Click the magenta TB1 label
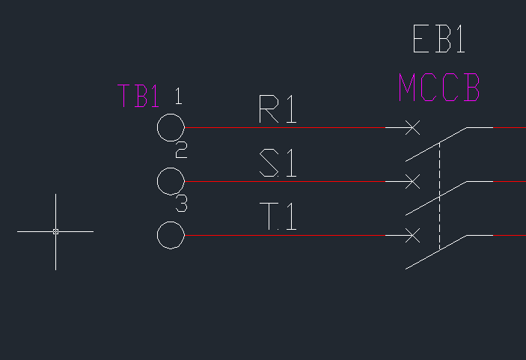138,96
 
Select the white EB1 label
438,39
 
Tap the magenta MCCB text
439,88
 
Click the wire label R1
278,109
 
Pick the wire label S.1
278,163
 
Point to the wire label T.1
278,216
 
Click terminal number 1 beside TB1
179,97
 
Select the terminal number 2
182,150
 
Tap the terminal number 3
182,204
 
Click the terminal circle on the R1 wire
157,127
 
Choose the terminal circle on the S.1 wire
157,182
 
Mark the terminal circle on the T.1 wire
157,235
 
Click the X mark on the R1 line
412,127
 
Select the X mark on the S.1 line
412,182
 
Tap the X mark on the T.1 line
412,235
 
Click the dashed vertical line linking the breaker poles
439,196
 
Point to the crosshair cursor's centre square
55,231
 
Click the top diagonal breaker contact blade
436,144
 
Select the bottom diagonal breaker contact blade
436,252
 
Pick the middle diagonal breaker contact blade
436,198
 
